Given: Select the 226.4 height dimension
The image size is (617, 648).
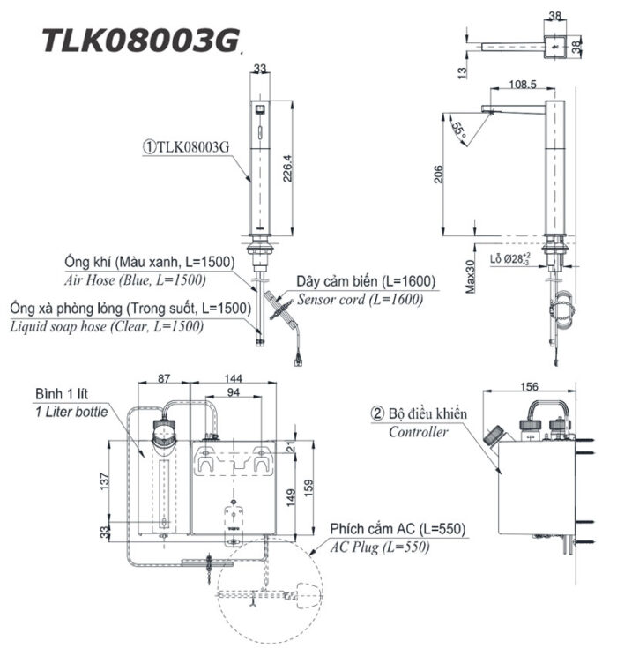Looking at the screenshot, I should [288, 164].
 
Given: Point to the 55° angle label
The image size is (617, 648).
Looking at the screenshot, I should [458, 129].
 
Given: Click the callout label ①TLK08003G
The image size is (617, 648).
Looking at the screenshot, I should [186, 147].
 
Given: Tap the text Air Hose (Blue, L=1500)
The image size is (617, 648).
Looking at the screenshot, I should [135, 280].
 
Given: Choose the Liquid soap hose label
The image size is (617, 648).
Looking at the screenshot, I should [106, 326].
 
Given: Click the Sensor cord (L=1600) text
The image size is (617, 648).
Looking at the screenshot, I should [360, 299].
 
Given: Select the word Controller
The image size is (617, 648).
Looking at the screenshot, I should [418, 432].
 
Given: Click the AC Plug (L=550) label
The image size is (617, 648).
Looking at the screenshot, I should [380, 547].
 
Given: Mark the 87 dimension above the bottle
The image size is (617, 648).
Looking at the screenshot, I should [165, 377].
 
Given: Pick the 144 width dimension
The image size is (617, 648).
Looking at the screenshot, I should [234, 377].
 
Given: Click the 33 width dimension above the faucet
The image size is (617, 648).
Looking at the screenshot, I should [260, 67].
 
